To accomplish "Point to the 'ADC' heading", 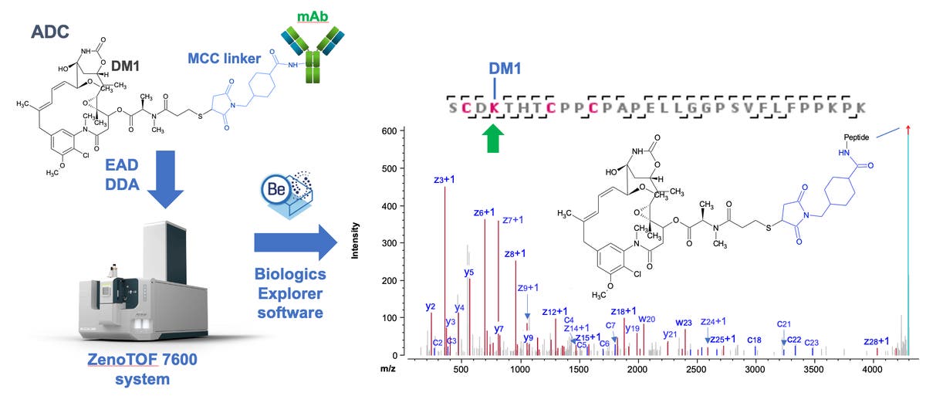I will point(51,32).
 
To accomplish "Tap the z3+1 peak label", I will point(445,180).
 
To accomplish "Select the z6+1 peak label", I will point(484,212).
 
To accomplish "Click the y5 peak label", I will point(469,272).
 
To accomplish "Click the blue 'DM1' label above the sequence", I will point(505,69).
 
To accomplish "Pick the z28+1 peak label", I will point(876,340).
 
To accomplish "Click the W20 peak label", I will point(647,319).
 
